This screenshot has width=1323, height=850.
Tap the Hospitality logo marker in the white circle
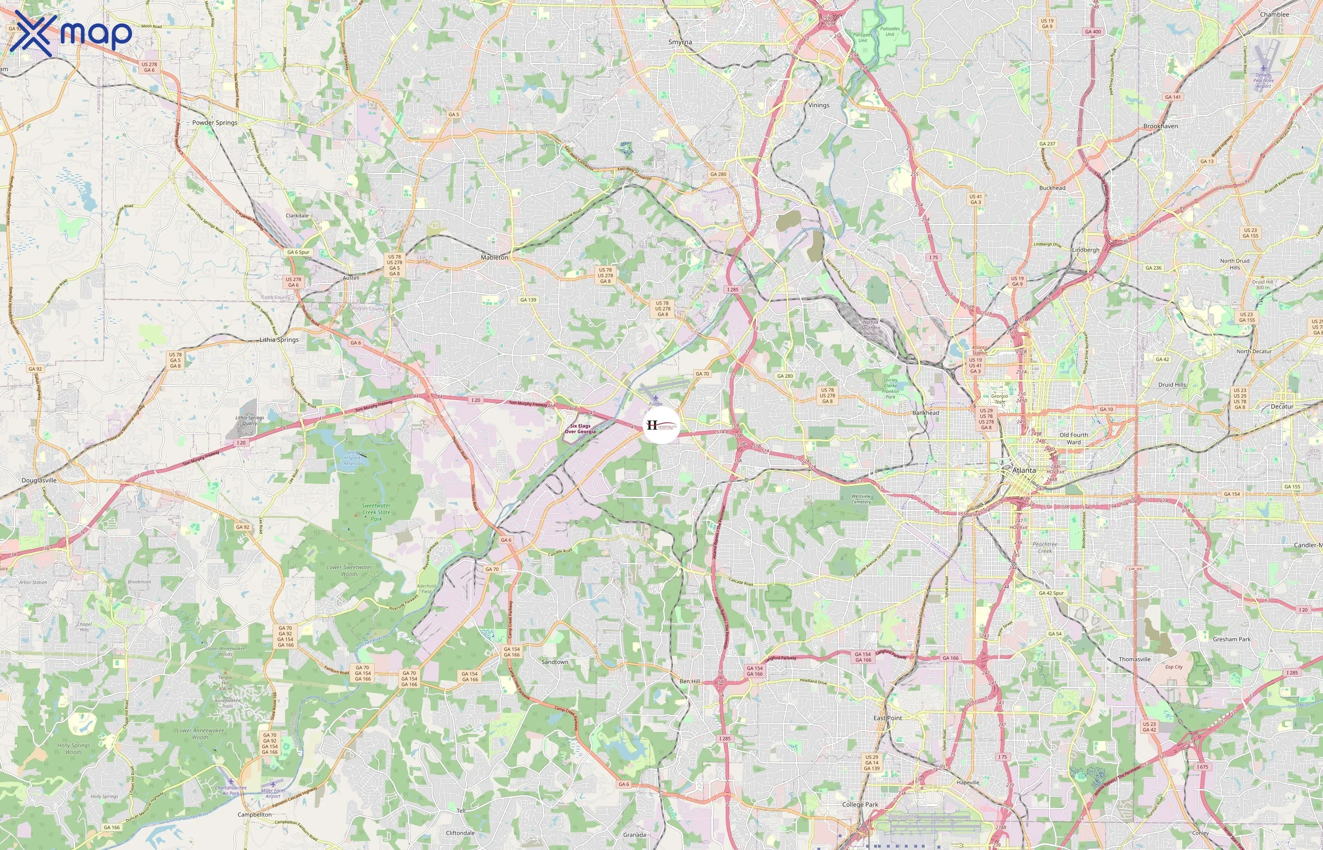661,425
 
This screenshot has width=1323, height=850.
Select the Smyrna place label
680,42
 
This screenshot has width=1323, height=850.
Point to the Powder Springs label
215,122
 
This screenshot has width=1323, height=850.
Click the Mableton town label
494,258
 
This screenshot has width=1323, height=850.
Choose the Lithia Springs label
279,340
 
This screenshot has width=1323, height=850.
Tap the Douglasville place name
39,480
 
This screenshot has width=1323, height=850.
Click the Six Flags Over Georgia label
580,429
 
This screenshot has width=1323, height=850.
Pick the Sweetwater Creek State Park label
376,512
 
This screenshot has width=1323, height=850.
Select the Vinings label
818,105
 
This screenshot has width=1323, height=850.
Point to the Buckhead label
1052,187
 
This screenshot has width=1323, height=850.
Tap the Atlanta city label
1024,470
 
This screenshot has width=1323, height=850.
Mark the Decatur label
1281,407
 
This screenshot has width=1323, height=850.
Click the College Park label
860,805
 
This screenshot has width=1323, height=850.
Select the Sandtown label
554,662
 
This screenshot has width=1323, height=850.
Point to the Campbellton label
255,815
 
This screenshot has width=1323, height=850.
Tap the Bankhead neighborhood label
926,413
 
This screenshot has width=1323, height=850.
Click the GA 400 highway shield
1093,32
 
